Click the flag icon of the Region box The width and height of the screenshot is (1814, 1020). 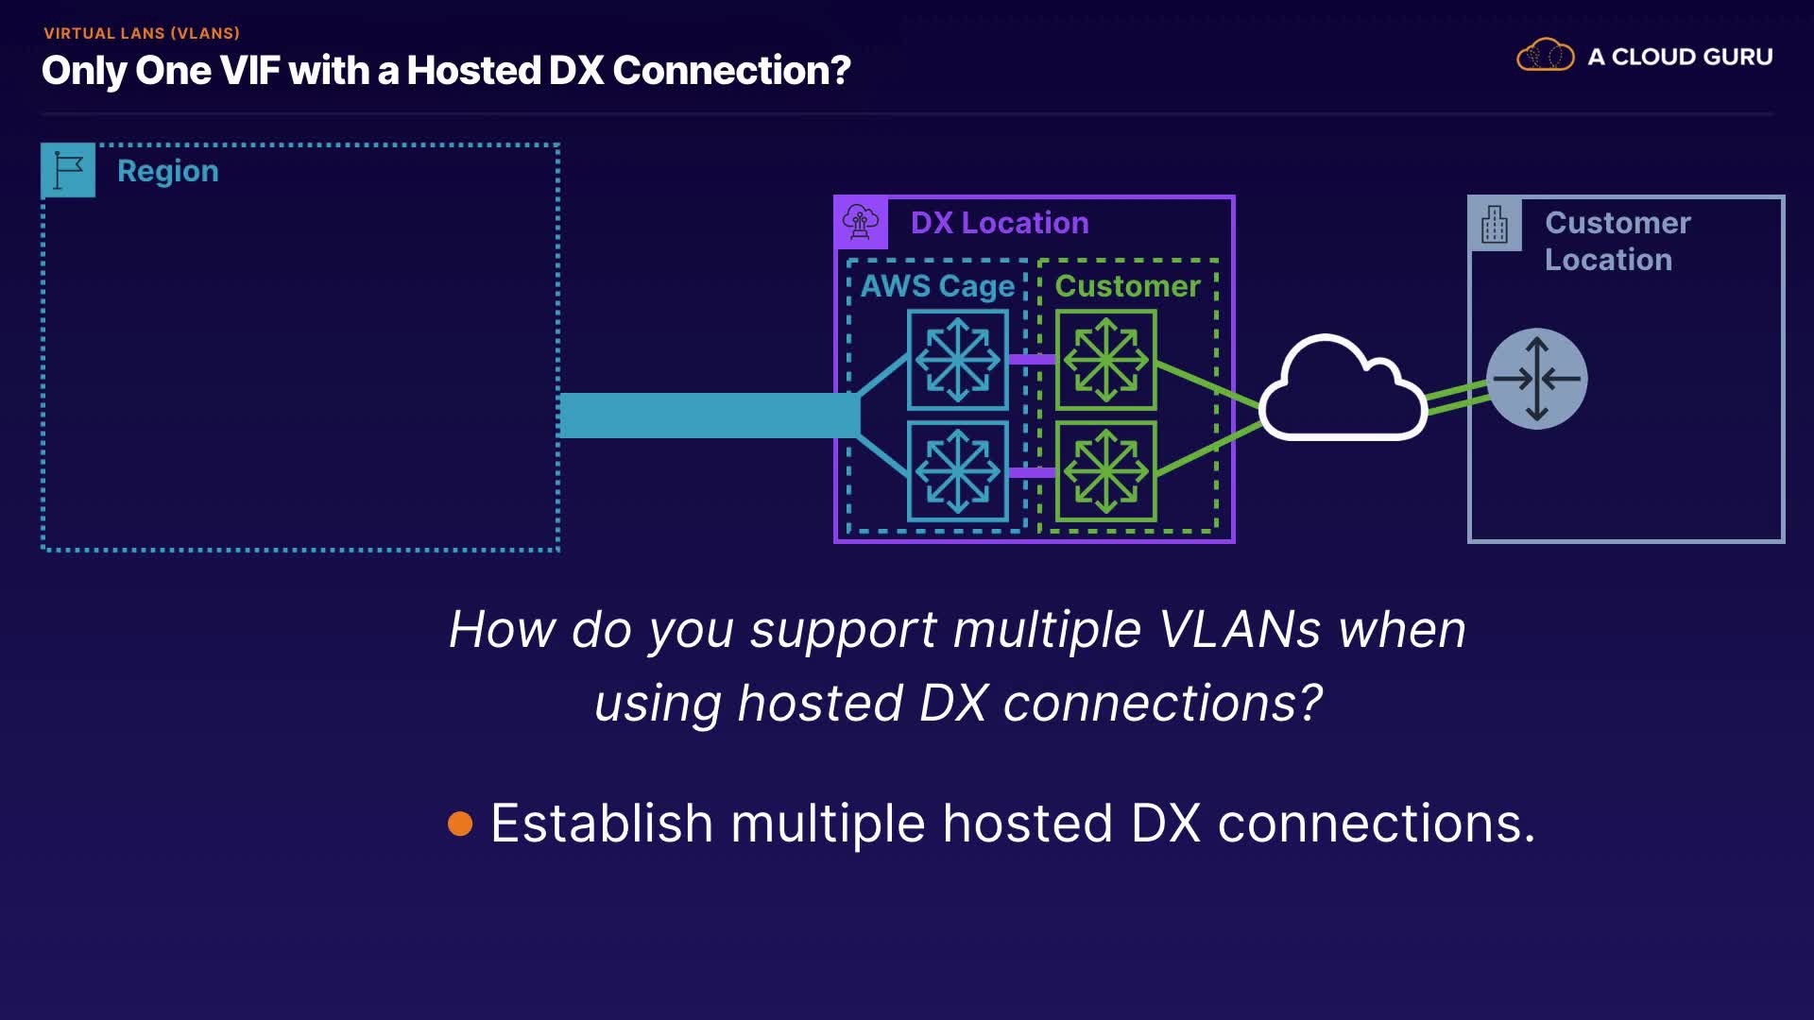click(x=68, y=170)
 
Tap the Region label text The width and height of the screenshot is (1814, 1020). click(x=168, y=171)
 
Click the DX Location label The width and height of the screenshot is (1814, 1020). click(x=1000, y=223)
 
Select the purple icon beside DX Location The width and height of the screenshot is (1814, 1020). click(x=861, y=223)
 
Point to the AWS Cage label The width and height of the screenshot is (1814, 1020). click(x=937, y=286)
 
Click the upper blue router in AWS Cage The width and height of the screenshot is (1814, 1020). click(x=958, y=360)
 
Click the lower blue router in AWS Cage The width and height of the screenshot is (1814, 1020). click(x=958, y=471)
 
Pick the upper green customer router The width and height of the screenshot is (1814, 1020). click(x=1106, y=360)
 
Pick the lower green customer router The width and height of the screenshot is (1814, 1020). click(x=1106, y=471)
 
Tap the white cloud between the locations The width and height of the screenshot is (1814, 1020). click(x=1342, y=392)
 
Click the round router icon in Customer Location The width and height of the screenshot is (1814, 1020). click(x=1537, y=379)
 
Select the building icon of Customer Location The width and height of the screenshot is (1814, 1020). click(x=1495, y=224)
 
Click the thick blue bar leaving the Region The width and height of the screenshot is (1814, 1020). click(x=709, y=416)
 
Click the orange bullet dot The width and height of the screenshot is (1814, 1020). click(x=460, y=824)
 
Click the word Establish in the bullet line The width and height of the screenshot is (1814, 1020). click(x=602, y=824)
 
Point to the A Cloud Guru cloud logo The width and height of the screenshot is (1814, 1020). click(x=1546, y=56)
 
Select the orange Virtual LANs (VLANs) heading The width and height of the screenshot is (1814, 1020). click(x=142, y=33)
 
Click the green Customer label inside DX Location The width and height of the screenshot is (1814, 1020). click(x=1127, y=286)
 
